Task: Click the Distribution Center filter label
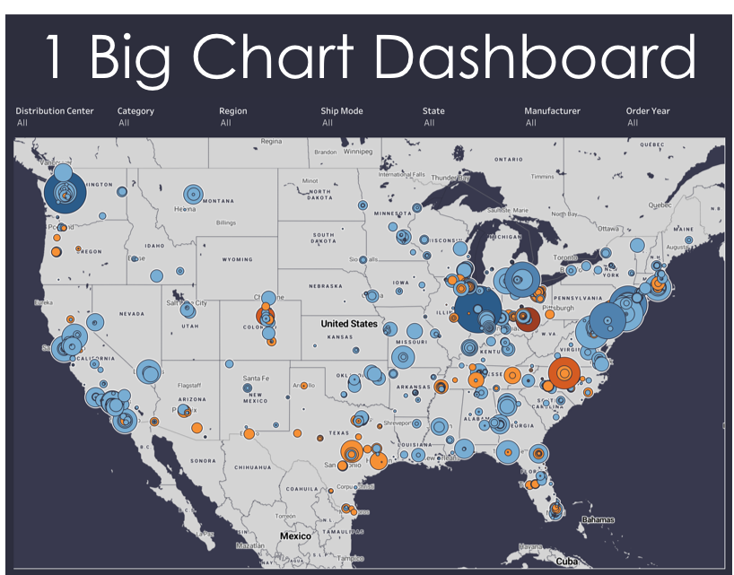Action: [x=54, y=111]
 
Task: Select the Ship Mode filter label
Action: [x=341, y=111]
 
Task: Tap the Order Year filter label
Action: [x=648, y=111]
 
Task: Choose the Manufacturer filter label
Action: [x=552, y=111]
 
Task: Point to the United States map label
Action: [x=349, y=324]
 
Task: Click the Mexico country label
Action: [x=295, y=536]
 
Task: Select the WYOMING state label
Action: [x=237, y=259]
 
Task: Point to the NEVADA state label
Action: [x=131, y=314]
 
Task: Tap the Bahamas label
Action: [x=597, y=519]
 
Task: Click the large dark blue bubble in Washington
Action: [x=65, y=191]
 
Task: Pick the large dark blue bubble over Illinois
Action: [x=477, y=310]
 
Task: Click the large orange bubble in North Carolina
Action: [x=564, y=372]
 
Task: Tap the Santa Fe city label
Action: [x=257, y=379]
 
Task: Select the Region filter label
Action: [x=232, y=111]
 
